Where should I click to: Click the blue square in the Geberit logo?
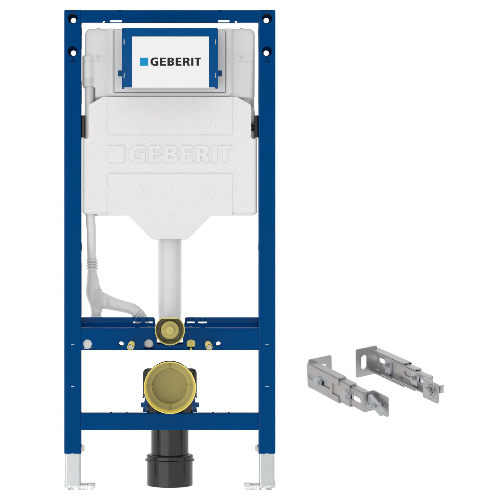tap(144, 61)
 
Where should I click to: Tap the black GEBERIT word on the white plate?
tap(175, 62)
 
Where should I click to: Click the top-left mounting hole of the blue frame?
tap(73, 20)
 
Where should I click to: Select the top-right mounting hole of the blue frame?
tap(266, 20)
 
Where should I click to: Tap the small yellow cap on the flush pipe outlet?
tap(170, 330)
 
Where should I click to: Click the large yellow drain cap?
tap(170, 387)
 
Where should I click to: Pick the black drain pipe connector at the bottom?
tap(170, 458)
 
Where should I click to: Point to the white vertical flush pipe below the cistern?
tap(170, 278)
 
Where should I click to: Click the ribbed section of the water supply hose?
tap(92, 264)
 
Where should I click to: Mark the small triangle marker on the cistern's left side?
tap(98, 58)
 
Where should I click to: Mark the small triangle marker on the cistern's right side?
tap(241, 58)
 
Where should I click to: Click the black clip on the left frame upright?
tap(83, 126)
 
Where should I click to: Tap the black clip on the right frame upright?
tap(256, 126)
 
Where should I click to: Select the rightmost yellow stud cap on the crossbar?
tap(208, 346)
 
